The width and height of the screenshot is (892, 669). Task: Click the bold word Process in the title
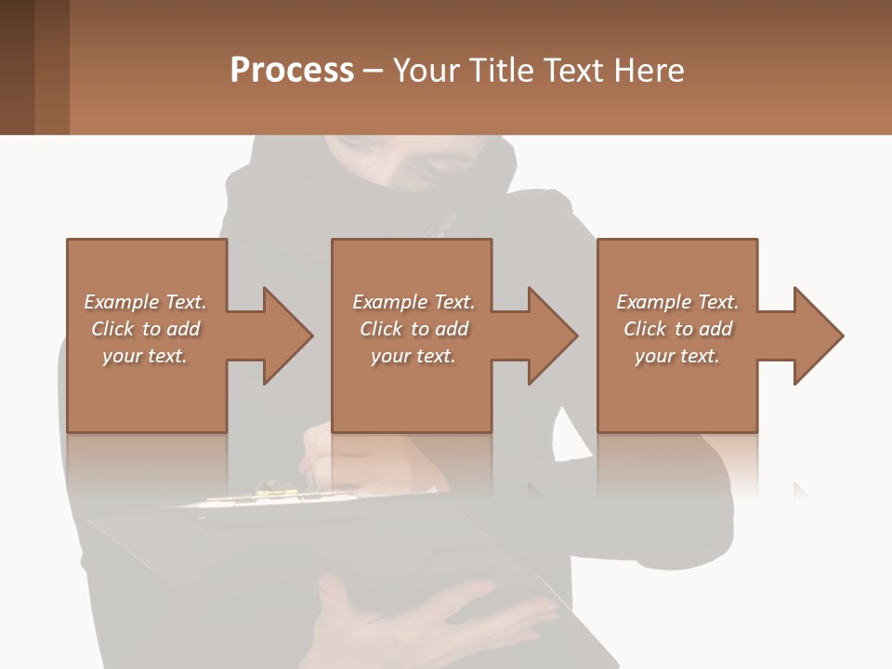(292, 71)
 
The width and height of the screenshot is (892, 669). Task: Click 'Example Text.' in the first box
(145, 302)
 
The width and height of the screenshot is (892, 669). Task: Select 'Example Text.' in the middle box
(413, 302)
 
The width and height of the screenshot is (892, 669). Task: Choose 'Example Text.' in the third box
(677, 302)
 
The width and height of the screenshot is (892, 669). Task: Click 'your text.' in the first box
(145, 356)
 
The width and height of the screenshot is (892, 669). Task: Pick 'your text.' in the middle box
(413, 356)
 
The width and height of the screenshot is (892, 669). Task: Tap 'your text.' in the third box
(677, 356)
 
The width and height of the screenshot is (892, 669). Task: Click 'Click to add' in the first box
(145, 329)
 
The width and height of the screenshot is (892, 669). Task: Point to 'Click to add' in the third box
(677, 329)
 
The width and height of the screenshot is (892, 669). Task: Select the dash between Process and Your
(374, 72)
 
